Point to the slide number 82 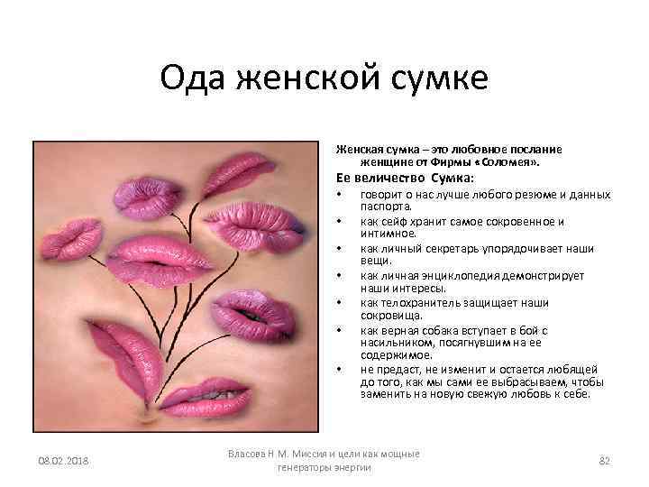coord(605,461)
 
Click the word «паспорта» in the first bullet coord(385,205)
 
